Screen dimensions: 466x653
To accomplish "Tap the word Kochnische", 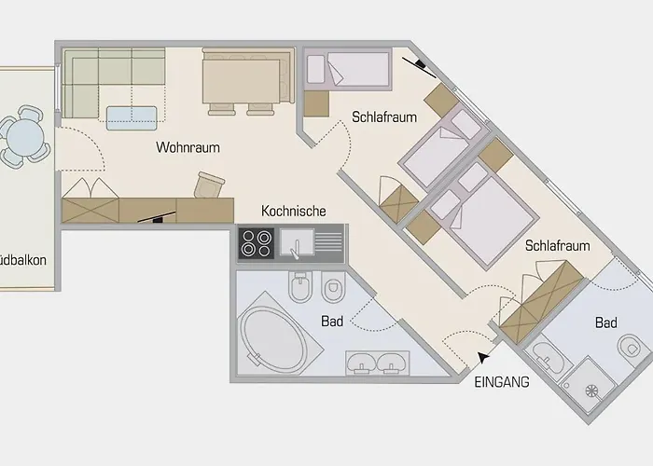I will point(293,211).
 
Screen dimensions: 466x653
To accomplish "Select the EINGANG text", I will point(502,381).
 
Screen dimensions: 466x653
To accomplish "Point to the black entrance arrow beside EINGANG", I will point(480,356).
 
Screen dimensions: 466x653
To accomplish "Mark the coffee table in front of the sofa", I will point(132,116).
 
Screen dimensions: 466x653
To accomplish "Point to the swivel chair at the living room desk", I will point(212,184).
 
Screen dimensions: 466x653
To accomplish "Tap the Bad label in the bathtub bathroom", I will point(332,322).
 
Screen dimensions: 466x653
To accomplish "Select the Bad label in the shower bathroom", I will point(606,322).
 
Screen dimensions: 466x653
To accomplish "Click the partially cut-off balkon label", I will point(23,261).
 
